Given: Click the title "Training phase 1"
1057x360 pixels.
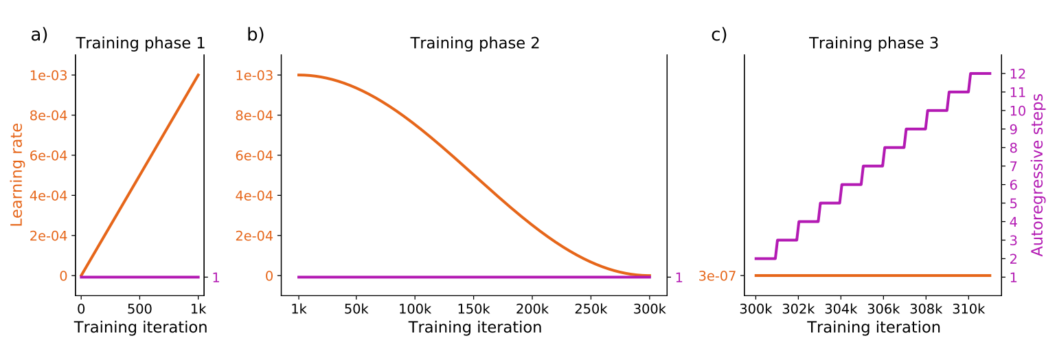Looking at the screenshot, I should tap(140, 43).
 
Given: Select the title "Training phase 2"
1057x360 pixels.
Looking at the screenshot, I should tap(475, 43).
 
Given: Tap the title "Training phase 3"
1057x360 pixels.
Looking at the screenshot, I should tap(874, 43).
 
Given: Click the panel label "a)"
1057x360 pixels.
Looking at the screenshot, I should tap(39, 35).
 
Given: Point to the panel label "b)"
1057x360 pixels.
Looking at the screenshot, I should tap(255, 35).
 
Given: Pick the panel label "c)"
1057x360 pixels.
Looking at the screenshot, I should tap(719, 35).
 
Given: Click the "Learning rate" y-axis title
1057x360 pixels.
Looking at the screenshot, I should tap(18, 175).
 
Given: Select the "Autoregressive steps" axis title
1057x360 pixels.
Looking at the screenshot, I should tap(1038, 175).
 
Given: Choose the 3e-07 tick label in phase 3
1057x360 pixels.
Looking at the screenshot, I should tap(718, 276).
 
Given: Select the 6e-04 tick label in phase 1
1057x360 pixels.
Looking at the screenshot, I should tap(48, 155).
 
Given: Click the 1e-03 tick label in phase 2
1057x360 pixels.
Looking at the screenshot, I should tap(254, 75).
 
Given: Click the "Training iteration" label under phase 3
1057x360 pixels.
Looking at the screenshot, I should tap(874, 327).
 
